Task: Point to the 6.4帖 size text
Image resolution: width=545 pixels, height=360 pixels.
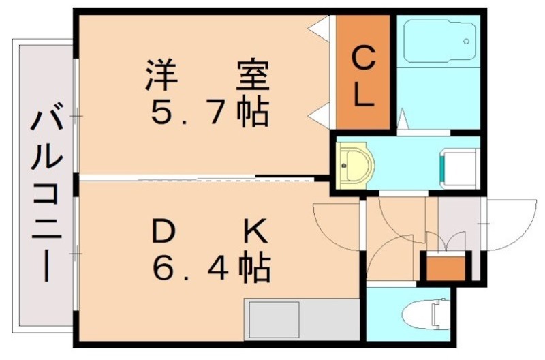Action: [211, 268]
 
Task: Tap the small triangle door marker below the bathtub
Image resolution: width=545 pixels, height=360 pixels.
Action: [402, 121]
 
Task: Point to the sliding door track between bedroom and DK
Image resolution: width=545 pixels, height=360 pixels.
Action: [198, 179]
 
